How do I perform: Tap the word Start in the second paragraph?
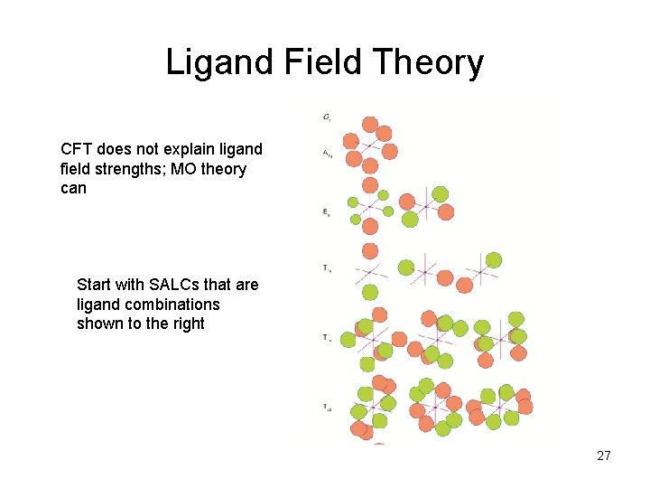pos(95,285)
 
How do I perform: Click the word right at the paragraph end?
pos(186,324)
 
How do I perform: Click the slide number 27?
pos(604,455)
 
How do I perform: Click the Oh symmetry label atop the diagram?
pos(326,117)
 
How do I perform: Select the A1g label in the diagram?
pos(327,154)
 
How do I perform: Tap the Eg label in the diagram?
pos(326,212)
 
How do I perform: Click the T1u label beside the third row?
pos(326,267)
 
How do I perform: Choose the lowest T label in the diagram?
pos(326,408)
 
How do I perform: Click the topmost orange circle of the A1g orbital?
pos(369,125)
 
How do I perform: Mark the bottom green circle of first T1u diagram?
pos(370,292)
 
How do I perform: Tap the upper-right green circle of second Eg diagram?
pos(440,194)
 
